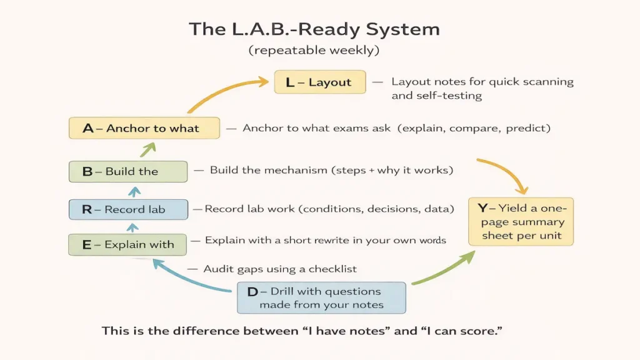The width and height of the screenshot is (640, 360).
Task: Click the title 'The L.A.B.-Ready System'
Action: (x=314, y=29)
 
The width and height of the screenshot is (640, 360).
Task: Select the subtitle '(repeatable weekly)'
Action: (x=314, y=51)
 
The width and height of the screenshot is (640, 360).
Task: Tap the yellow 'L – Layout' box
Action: (x=320, y=82)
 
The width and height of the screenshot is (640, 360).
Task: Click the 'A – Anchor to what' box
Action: (x=144, y=128)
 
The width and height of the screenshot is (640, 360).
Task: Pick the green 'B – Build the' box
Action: (x=127, y=171)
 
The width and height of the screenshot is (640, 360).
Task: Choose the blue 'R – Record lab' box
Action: (x=127, y=209)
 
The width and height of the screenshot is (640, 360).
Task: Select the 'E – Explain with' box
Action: (x=127, y=244)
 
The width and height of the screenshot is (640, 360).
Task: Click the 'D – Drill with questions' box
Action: (x=321, y=297)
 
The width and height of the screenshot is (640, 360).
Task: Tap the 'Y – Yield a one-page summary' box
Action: (x=521, y=222)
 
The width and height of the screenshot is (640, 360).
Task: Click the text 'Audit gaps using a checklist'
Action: (x=280, y=269)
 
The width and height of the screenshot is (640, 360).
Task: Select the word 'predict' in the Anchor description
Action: (x=528, y=128)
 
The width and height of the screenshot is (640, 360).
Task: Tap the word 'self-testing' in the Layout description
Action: (x=437, y=96)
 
